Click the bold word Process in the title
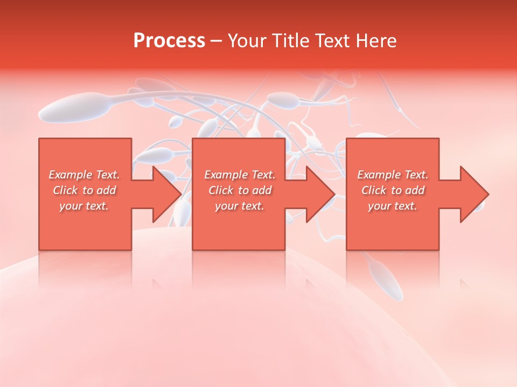[169, 40]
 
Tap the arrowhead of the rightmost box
[474, 194]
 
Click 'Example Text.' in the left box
[85, 175]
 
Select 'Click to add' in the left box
[85, 190]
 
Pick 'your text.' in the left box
[85, 206]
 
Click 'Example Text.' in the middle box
[240, 175]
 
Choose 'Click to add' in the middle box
[240, 190]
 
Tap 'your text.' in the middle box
[240, 206]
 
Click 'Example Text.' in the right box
[393, 175]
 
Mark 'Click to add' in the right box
[393, 190]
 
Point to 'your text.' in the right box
[393, 206]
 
